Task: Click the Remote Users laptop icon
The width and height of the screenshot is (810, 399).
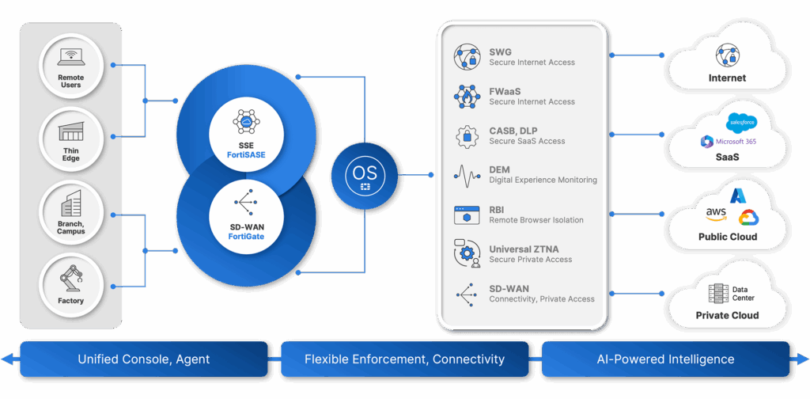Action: click(x=71, y=58)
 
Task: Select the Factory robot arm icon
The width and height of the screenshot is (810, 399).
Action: click(x=71, y=279)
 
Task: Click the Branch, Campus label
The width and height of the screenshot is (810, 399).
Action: click(x=71, y=227)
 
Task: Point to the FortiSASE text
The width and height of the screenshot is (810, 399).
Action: click(x=246, y=154)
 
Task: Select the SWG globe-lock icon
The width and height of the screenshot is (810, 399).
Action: click(x=466, y=58)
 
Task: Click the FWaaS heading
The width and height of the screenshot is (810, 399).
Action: click(x=505, y=92)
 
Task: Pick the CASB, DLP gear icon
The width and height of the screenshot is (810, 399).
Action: click(x=466, y=136)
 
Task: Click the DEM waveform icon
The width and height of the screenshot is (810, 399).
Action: click(x=466, y=175)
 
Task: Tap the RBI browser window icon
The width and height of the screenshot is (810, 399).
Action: click(x=466, y=215)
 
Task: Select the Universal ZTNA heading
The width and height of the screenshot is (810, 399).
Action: click(x=524, y=249)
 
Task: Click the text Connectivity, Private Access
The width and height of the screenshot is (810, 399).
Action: click(x=541, y=299)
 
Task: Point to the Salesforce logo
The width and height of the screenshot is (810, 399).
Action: click(x=741, y=122)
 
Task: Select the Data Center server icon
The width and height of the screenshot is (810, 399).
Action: click(x=718, y=294)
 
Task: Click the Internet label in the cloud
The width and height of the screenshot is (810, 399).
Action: click(x=727, y=78)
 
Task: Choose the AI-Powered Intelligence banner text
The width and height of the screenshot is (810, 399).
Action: click(x=665, y=359)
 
